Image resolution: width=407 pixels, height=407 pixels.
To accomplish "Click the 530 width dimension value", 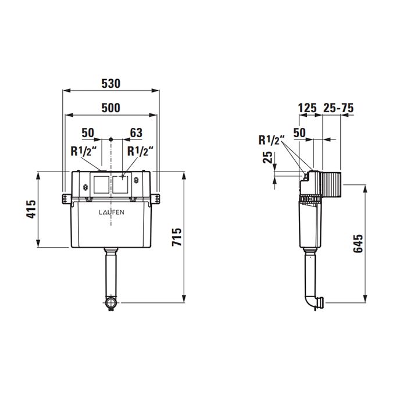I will tap(110, 84).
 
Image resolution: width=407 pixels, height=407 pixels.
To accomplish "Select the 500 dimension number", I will tap(110, 108).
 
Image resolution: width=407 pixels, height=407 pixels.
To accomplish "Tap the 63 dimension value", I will tap(136, 133).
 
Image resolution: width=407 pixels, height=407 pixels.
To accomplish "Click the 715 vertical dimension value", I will tap(177, 237).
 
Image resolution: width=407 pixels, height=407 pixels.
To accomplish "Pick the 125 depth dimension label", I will tap(307, 108).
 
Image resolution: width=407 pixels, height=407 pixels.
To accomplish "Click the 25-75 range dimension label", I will tap(338, 108).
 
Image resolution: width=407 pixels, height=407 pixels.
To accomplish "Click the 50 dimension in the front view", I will tap(88, 133).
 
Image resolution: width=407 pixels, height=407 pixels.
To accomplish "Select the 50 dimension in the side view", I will tap(299, 133).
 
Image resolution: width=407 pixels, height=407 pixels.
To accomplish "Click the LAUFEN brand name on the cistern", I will tap(110, 213).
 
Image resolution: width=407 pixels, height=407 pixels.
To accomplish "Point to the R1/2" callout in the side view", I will tap(271, 140).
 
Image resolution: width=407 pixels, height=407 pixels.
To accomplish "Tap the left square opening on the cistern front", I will tap(100, 184).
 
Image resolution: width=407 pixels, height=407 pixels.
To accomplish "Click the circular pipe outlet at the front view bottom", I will tap(111, 302).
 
